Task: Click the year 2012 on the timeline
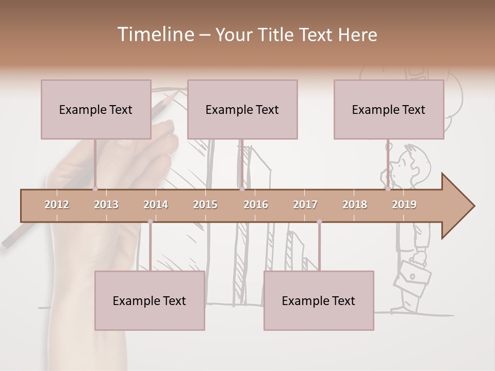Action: (x=57, y=205)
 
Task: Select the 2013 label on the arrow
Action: (x=106, y=205)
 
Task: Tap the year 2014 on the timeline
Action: (x=156, y=205)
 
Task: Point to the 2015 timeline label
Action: (x=205, y=205)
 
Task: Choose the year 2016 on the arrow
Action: (x=256, y=205)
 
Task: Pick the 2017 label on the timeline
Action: (x=305, y=205)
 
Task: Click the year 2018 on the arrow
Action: (x=355, y=205)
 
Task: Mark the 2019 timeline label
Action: (x=404, y=205)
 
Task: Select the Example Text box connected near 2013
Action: (x=96, y=109)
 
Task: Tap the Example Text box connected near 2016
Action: (x=242, y=109)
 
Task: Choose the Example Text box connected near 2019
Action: (x=389, y=109)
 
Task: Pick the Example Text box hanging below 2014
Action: (x=150, y=300)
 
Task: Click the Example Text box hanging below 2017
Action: (x=319, y=300)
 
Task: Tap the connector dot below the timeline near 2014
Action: (x=150, y=222)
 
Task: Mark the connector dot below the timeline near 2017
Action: (x=319, y=222)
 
